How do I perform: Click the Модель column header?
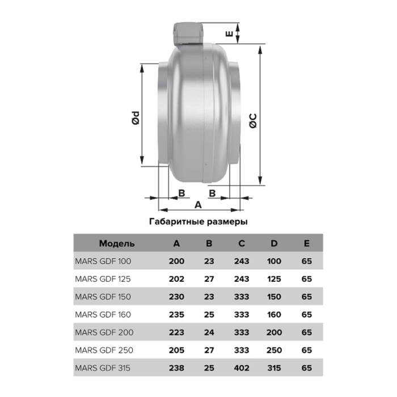click(x=117, y=243)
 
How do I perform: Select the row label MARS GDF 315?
click(x=103, y=368)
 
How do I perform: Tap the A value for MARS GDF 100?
click(x=176, y=261)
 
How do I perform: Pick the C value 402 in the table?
click(x=242, y=368)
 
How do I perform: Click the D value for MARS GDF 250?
click(x=274, y=350)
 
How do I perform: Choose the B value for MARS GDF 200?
click(x=209, y=332)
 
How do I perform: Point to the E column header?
click(x=307, y=243)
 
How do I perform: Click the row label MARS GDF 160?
click(x=103, y=314)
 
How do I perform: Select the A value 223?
click(x=176, y=332)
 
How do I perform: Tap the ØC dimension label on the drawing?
click(x=253, y=120)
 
